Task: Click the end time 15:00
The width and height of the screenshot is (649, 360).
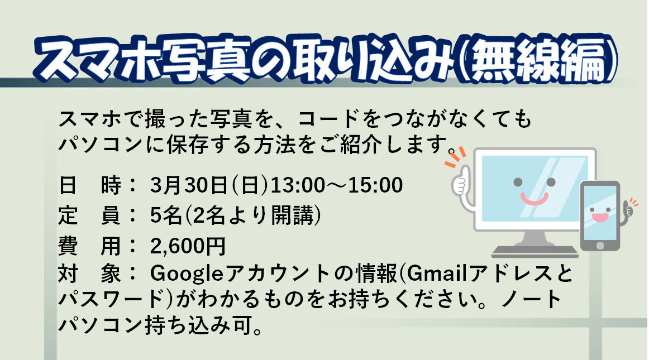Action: pos(376,185)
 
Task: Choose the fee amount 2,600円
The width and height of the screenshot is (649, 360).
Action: pos(188,246)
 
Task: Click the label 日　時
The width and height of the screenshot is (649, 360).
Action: pos(89,185)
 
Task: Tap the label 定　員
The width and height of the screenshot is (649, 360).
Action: pos(89,215)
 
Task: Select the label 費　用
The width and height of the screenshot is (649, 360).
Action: pos(89,246)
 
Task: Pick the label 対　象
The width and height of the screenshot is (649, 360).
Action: pos(89,274)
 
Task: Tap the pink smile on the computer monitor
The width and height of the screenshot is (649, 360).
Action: pos(534,199)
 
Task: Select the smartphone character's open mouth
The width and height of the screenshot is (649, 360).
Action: pos(599,217)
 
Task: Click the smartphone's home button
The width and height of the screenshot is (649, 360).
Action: pos(600,246)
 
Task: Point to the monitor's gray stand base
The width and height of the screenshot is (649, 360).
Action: pos(535,251)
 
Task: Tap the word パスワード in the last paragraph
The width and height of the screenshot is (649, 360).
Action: pos(111,299)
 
